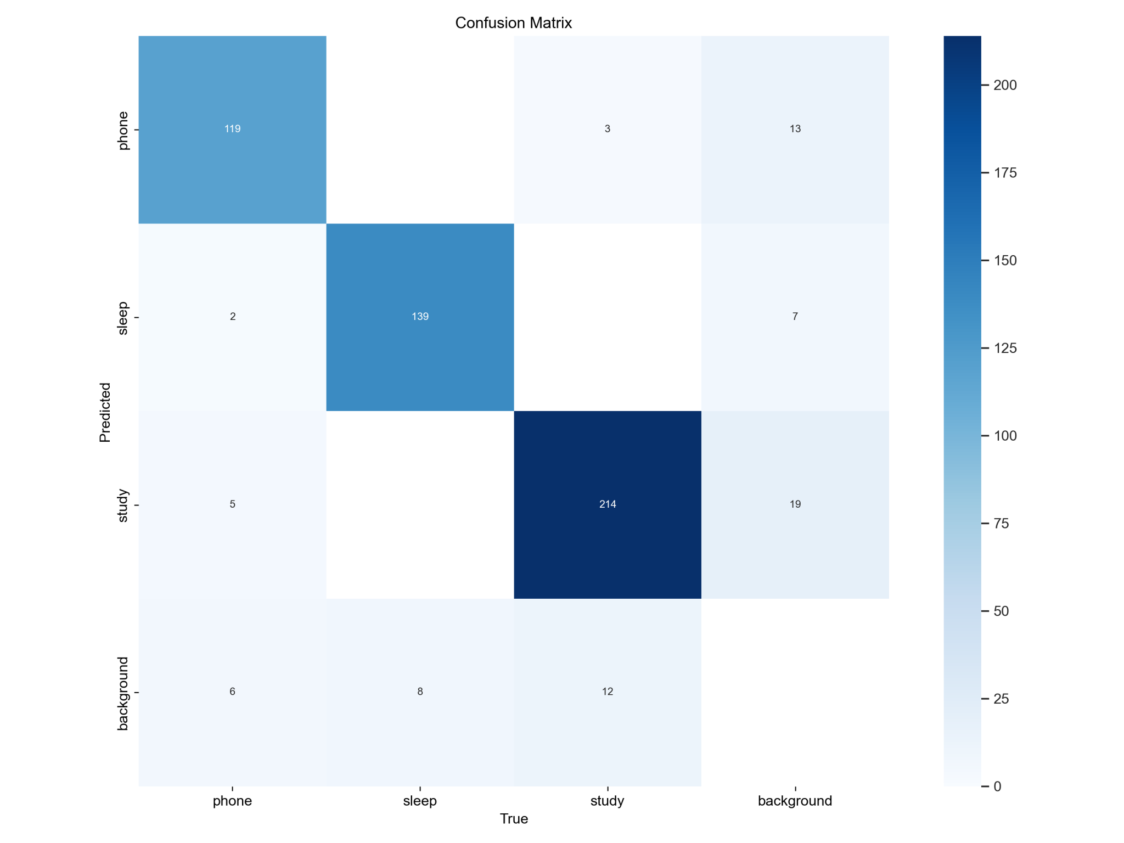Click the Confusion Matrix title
point(513,23)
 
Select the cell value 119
point(232,129)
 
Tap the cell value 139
point(420,317)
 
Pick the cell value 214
point(608,504)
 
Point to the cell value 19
point(795,504)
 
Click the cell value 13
point(795,129)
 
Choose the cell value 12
point(608,692)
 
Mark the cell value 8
point(420,692)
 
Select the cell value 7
point(795,317)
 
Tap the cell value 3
point(608,129)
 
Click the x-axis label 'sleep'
point(420,801)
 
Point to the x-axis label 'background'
point(795,801)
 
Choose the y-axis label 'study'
point(123,505)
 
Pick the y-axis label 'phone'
point(123,130)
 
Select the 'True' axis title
point(514,819)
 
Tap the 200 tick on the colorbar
point(1005,85)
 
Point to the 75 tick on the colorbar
point(1001,524)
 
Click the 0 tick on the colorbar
point(997,786)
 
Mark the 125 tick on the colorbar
point(1005,349)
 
